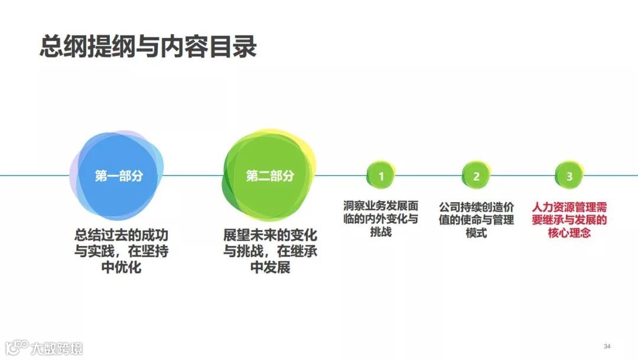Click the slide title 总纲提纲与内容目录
click(x=148, y=47)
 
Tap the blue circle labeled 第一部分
click(x=118, y=176)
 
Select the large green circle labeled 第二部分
click(x=269, y=176)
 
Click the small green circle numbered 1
click(x=381, y=176)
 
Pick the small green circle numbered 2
click(x=476, y=176)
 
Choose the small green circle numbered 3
click(x=569, y=176)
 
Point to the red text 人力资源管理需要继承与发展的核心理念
click(x=569, y=220)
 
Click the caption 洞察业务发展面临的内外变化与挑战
click(x=381, y=219)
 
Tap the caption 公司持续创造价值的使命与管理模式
click(x=476, y=220)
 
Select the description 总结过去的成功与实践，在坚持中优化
click(x=121, y=251)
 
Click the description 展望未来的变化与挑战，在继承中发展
click(x=270, y=250)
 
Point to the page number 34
click(x=607, y=345)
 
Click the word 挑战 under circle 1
click(x=381, y=232)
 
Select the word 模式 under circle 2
click(x=476, y=233)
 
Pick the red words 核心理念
click(x=569, y=233)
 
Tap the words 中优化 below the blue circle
click(x=121, y=268)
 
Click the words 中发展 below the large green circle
click(x=270, y=267)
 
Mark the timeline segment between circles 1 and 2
click(x=428, y=176)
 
